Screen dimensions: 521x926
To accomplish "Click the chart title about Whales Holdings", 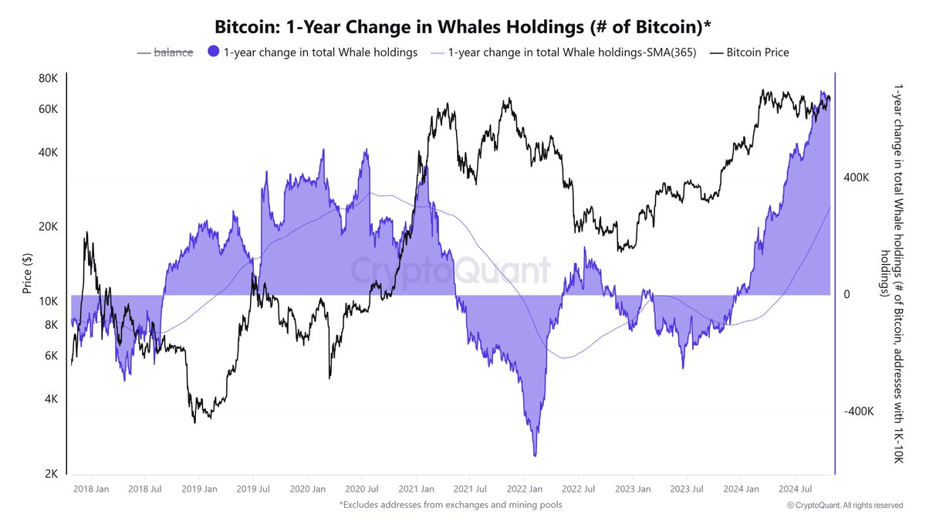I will pos(462,25).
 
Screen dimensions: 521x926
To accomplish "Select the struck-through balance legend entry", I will pos(174,52).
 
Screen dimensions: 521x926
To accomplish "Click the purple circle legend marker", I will pos(214,52).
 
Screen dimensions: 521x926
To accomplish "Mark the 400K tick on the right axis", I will pos(858,178).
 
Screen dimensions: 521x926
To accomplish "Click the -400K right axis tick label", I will pos(857,412).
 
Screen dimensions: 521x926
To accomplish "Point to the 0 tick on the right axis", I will pos(848,295).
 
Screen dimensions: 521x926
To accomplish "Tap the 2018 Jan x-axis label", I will pos(90,489).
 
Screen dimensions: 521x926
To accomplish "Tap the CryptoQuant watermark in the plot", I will pos(451,271).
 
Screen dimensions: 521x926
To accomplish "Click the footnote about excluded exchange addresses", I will pos(451,505).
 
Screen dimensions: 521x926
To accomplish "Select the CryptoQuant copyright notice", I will pos(844,505).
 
